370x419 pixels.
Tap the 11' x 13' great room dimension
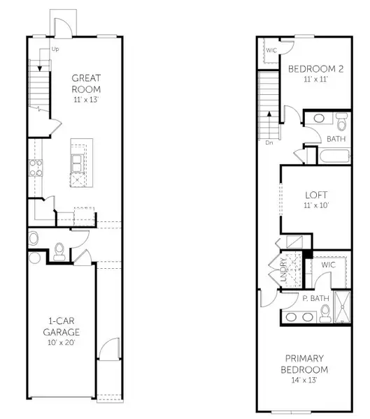pos(86,101)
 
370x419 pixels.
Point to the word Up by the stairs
pos(54,50)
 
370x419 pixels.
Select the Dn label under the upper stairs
pos(269,143)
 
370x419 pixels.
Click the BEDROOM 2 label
pos(314,68)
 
